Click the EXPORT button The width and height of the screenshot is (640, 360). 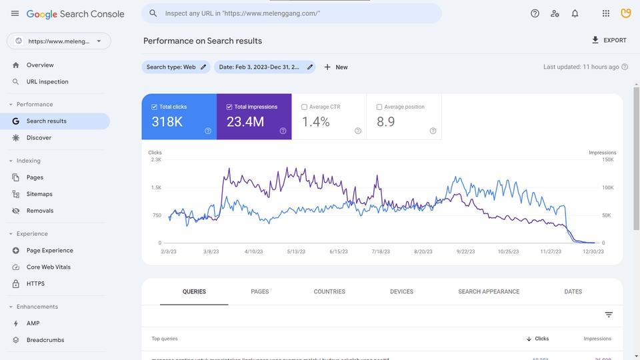click(x=609, y=40)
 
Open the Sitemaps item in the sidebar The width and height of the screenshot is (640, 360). click(x=39, y=194)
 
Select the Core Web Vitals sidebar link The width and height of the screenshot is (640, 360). click(x=48, y=267)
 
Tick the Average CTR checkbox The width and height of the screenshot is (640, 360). click(x=305, y=107)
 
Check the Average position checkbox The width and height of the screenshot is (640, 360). click(x=379, y=107)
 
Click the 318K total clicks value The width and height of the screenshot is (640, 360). click(x=167, y=122)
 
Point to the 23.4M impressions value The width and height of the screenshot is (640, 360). click(x=245, y=122)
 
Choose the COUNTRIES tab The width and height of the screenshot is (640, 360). click(x=329, y=291)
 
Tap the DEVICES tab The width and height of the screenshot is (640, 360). click(x=401, y=291)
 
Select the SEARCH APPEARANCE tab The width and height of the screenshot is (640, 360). click(x=489, y=291)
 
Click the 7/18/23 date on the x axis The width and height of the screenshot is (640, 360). click(x=380, y=252)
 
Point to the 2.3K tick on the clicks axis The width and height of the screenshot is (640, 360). click(x=155, y=160)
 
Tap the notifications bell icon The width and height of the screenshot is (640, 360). click(x=575, y=13)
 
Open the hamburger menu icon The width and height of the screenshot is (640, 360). click(x=15, y=13)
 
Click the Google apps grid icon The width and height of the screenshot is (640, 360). click(x=605, y=13)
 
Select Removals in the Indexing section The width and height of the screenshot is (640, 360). click(x=39, y=211)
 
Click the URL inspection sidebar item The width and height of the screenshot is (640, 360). click(x=47, y=82)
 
